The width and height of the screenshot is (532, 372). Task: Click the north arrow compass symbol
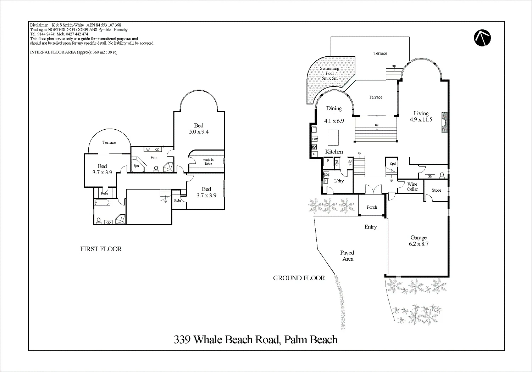tap(482, 38)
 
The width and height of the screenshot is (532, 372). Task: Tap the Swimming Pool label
tap(329, 73)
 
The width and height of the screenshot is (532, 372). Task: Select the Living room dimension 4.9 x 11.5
tap(421, 119)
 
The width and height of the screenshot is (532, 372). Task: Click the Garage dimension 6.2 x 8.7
tap(419, 244)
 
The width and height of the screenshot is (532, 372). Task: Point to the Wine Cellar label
tap(412, 187)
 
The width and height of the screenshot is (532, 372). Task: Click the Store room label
tap(436, 190)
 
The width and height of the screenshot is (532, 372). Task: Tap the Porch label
tap(372, 207)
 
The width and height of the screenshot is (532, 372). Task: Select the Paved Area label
tap(347, 256)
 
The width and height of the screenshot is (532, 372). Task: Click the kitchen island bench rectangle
tap(332, 137)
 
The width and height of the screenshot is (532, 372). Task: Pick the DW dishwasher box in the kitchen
tap(315, 139)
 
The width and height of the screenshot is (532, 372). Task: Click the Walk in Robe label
tap(208, 162)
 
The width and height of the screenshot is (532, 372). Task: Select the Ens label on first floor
tap(154, 158)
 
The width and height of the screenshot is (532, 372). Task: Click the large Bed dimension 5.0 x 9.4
tap(199, 132)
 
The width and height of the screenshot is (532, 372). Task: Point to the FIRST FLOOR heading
tap(101, 249)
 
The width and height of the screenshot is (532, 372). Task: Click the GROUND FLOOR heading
tap(299, 278)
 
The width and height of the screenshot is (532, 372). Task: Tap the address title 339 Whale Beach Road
tap(255, 340)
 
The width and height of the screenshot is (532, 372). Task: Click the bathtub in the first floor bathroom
tap(102, 203)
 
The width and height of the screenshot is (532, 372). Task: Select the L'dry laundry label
tap(339, 181)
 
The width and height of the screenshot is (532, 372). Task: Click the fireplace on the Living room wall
tap(444, 123)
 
